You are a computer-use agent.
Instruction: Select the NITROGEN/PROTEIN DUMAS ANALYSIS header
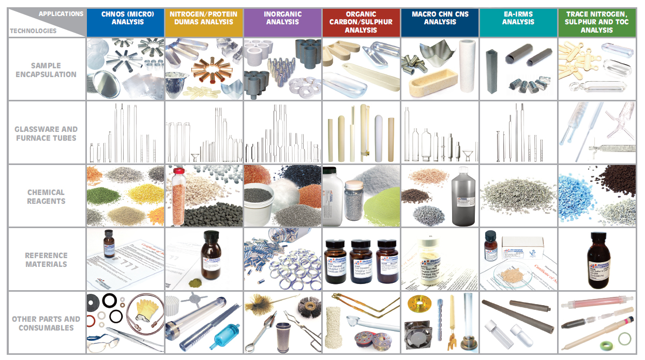(204, 18)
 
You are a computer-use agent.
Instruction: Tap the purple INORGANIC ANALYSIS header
(282, 18)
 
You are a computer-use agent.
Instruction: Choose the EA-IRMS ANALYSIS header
(518, 18)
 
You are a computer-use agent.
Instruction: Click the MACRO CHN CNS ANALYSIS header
(440, 18)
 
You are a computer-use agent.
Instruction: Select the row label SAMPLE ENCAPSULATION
(46, 70)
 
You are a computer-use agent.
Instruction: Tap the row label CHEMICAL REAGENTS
(46, 197)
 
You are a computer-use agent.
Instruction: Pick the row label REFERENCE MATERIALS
(46, 260)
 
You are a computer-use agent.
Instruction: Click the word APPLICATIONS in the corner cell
(61, 13)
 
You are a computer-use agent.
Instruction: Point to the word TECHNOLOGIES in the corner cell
(33, 31)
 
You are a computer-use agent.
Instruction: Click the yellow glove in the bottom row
(146, 309)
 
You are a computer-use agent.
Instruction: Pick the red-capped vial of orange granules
(179, 197)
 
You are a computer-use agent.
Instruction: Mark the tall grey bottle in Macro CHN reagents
(462, 199)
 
